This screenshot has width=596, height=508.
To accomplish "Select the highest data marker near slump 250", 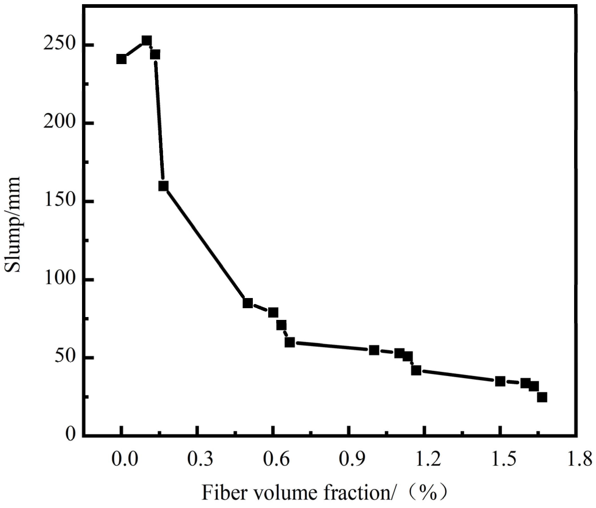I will click(147, 41).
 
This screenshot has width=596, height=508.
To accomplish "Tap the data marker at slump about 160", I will click(163, 186).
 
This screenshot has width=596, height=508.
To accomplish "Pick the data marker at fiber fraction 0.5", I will click(248, 303).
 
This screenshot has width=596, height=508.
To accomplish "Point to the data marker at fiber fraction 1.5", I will click(500, 381).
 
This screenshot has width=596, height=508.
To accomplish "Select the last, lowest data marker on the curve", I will click(542, 397).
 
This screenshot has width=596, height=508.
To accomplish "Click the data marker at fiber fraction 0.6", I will click(273, 312).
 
